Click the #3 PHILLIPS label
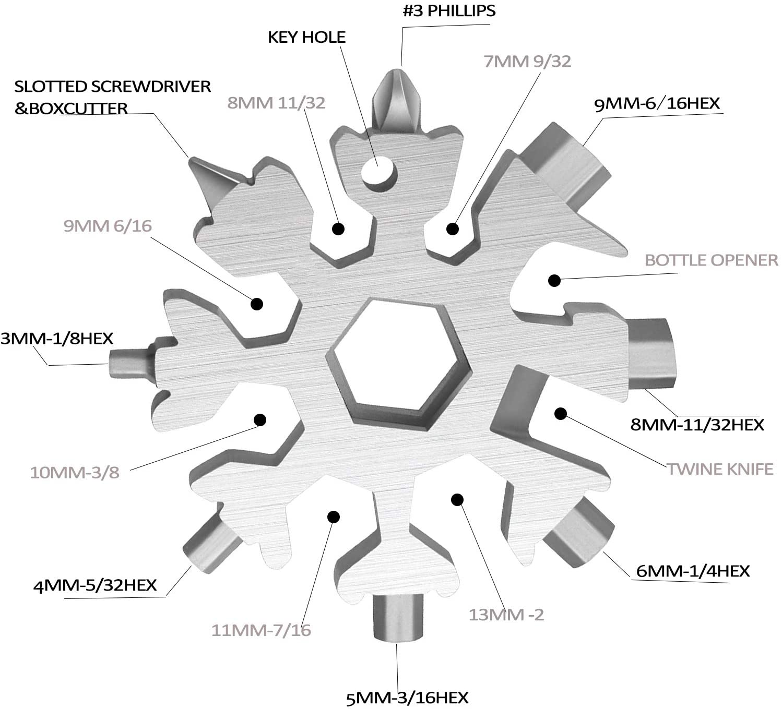coord(449,11)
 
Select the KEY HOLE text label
coord(306,37)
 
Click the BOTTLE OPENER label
coord(711,260)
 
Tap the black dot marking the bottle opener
coord(554,280)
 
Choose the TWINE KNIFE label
coord(720,468)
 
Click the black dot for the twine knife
coord(561,414)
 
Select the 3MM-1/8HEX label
coord(56,338)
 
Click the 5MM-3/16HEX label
coord(407,697)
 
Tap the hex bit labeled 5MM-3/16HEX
coord(397,618)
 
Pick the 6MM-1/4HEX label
coord(692,571)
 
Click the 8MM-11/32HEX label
coord(697,424)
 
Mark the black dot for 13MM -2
coord(457,500)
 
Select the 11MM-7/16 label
coord(261,630)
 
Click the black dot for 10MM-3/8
coord(260,419)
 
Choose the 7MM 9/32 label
coord(527,61)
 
